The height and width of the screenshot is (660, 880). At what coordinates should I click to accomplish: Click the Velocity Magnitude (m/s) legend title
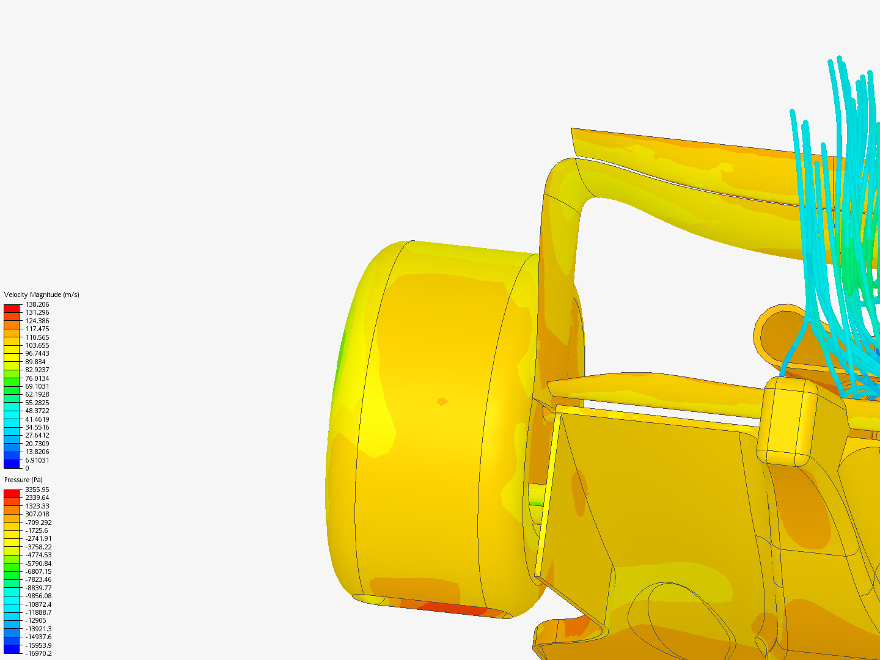42,295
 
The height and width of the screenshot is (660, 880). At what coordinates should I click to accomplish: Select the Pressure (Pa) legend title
23,480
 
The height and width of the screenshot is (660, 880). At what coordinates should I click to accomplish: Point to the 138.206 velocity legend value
37,304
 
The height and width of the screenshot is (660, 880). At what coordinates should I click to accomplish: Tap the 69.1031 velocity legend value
37,386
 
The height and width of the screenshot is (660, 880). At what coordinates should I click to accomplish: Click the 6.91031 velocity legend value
37,460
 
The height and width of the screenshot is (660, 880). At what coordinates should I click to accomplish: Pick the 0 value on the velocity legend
28,468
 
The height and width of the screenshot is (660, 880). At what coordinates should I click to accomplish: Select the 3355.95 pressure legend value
37,490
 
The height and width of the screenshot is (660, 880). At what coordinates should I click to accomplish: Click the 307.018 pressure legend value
37,514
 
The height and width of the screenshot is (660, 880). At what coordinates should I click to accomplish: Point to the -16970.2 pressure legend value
38,653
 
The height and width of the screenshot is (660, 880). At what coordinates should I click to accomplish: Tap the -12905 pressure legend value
35,620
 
